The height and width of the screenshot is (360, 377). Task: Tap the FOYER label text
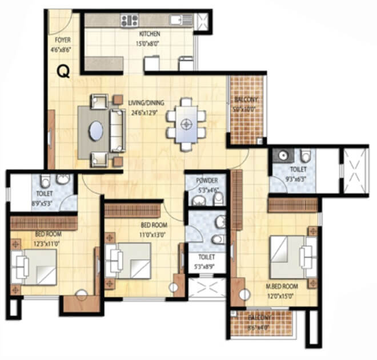63,41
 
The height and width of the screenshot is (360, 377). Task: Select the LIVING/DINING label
146,103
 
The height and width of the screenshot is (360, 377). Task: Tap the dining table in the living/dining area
185,124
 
